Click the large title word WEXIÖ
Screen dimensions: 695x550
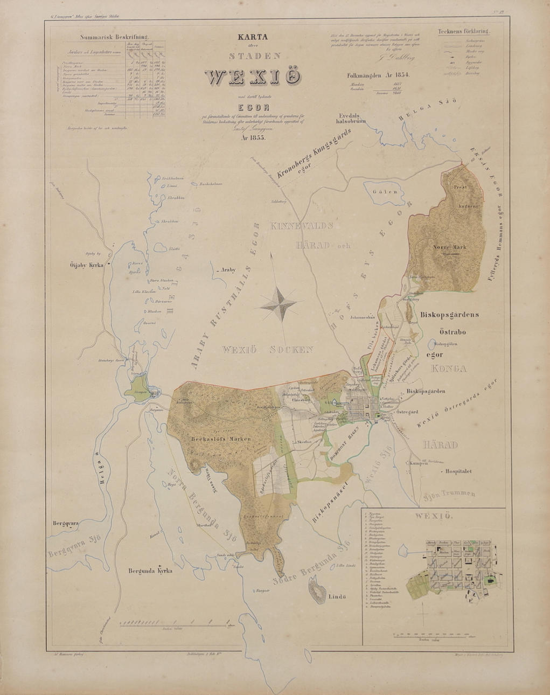253,77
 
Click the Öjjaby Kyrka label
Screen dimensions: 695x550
88,265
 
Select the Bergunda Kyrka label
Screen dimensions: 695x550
150,571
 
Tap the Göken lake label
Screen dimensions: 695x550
384,191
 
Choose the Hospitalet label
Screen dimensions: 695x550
458,470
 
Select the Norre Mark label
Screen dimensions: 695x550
450,247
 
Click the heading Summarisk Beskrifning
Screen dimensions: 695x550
113,38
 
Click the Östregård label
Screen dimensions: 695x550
407,412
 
